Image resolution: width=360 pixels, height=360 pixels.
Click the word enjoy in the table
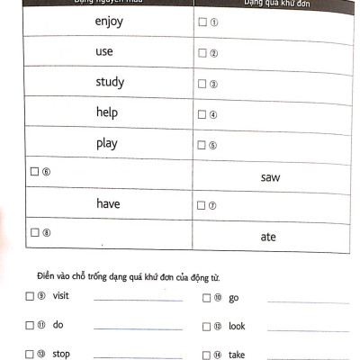tap(108, 21)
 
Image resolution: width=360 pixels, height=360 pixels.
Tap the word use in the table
tap(104, 52)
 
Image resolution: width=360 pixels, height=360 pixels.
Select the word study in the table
tap(110, 83)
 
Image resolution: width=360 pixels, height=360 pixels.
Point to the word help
tap(106, 113)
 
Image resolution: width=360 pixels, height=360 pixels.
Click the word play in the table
tap(106, 144)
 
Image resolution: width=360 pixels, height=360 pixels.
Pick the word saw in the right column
tap(270, 177)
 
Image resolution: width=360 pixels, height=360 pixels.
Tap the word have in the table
tap(108, 204)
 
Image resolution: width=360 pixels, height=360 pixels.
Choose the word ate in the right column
tap(268, 237)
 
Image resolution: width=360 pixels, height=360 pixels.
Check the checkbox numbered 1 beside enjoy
tap(202, 22)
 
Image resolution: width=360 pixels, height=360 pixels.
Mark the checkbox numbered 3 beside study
tap(202, 85)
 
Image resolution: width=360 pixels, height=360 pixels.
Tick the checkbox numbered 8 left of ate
tap(34, 232)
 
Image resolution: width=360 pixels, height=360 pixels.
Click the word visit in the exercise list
tap(61, 296)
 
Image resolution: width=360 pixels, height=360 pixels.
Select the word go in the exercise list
tap(233, 297)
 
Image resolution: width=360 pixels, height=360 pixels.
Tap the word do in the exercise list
tap(58, 325)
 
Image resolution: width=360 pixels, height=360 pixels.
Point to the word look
tap(237, 326)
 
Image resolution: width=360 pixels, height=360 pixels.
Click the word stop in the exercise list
tap(61, 354)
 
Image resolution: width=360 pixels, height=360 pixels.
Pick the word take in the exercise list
tap(237, 355)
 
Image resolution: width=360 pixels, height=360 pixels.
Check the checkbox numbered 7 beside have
tap(202, 206)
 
